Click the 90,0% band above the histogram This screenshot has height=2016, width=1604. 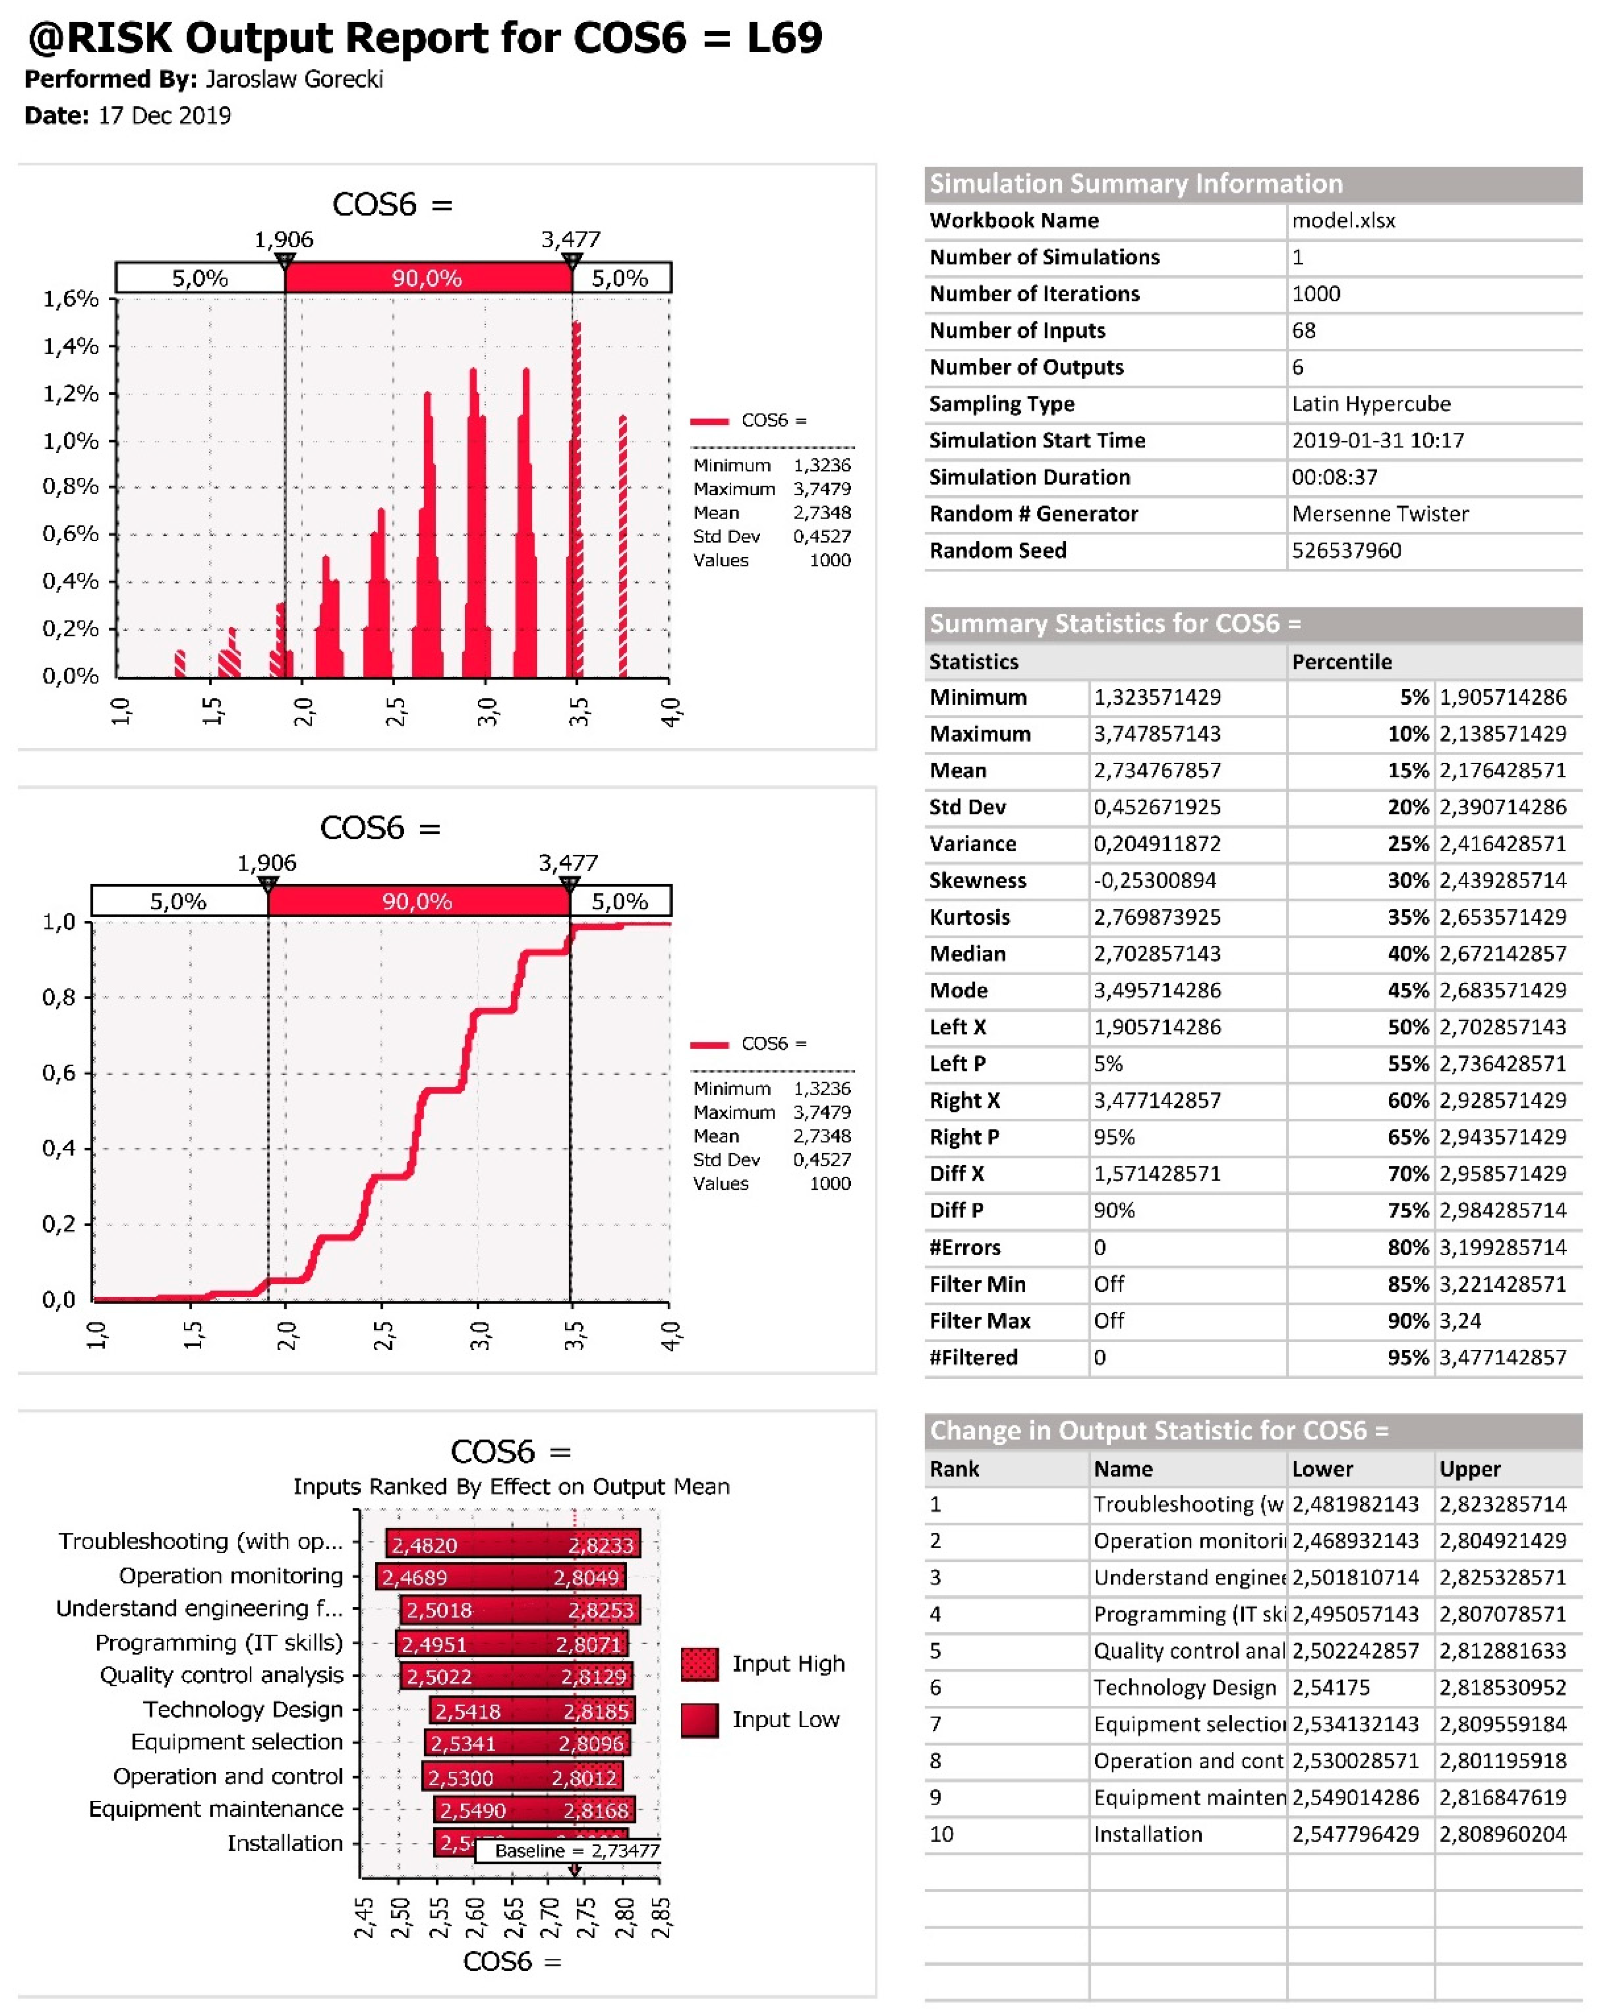pyautogui.click(x=427, y=278)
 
